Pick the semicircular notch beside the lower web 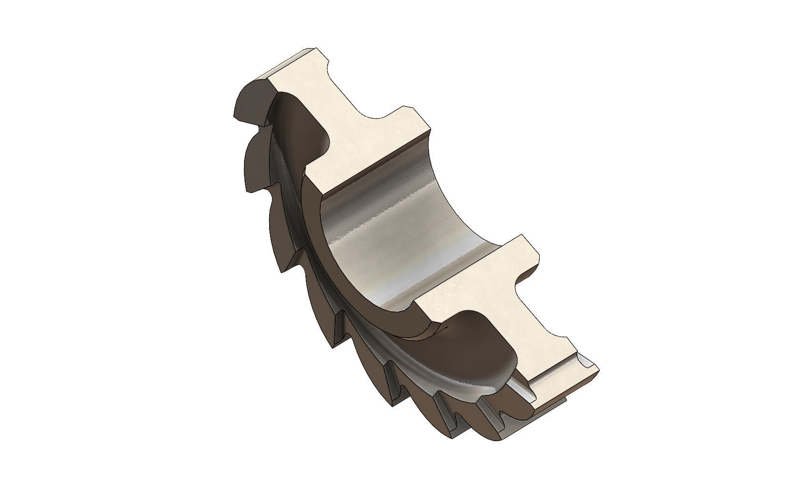[x=527, y=285]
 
